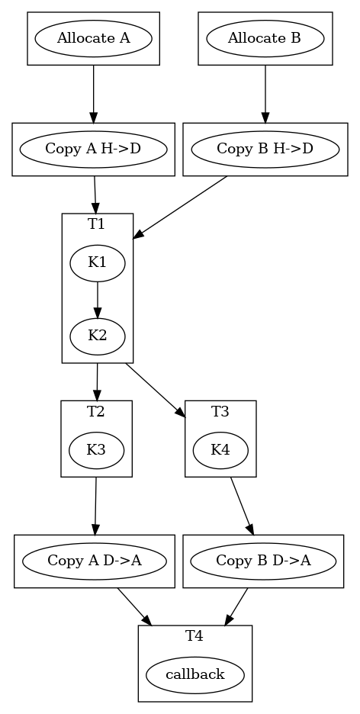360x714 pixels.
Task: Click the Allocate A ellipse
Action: (93, 38)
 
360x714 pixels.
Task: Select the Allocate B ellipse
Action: (265, 38)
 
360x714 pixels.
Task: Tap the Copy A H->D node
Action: (93, 149)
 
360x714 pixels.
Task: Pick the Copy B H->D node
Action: (265, 149)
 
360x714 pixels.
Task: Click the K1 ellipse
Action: (98, 263)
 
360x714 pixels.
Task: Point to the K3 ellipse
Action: (96, 450)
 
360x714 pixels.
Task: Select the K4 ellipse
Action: (220, 450)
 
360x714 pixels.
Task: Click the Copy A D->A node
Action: (95, 561)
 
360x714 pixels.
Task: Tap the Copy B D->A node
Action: (263, 561)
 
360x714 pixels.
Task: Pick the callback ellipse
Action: (195, 674)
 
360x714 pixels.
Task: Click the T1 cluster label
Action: (97, 224)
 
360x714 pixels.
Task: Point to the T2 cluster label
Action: (96, 412)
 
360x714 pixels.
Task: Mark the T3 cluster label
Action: (220, 412)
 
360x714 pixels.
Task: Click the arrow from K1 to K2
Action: (98, 300)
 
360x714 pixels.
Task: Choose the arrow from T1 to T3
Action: (156, 390)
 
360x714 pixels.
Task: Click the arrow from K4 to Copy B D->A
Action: (241, 505)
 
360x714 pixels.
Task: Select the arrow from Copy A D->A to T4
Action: (134, 607)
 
